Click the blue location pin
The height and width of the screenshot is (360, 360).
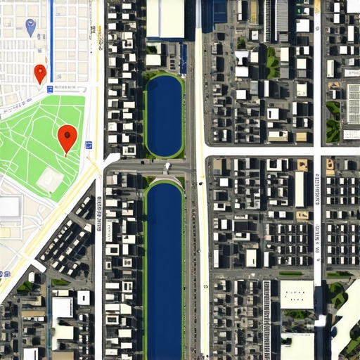[30, 27]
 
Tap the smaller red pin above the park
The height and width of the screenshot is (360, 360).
[40, 72]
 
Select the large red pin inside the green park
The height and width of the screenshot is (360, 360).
[67, 136]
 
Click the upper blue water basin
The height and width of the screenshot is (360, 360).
[164, 115]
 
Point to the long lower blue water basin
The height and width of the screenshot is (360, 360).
[165, 267]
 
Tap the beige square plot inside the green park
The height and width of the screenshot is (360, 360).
[49, 179]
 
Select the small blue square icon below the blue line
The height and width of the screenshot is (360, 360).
[50, 89]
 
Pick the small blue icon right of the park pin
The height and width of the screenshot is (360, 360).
[89, 146]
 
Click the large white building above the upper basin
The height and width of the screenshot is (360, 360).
[165, 18]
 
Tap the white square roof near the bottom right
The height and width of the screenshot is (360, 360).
[296, 294]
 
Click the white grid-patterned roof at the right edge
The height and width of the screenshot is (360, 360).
[354, 103]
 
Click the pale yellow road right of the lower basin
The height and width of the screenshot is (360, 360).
[202, 267]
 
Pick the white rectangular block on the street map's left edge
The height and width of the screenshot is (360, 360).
[9, 207]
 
